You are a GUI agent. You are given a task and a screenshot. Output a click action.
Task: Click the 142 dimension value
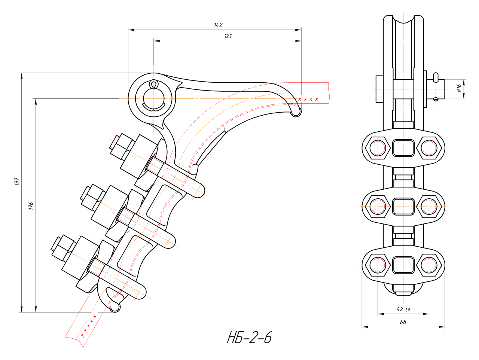pyautogui.click(x=218, y=25)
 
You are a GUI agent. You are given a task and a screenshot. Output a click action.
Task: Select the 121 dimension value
pyautogui.click(x=228, y=36)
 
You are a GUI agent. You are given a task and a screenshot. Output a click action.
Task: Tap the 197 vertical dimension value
pyautogui.click(x=16, y=182)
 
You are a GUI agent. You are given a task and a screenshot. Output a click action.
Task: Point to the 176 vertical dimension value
pyautogui.click(x=31, y=205)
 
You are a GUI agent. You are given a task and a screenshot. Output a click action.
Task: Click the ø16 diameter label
pyautogui.click(x=459, y=88)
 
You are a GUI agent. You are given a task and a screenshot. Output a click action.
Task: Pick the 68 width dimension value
pyautogui.click(x=403, y=322)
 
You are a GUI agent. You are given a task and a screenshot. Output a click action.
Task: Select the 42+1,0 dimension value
pyautogui.click(x=403, y=309)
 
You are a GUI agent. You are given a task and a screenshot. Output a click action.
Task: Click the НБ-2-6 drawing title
pyautogui.click(x=249, y=338)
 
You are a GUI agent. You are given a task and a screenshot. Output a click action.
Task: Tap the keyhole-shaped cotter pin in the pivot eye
pyautogui.click(x=153, y=85)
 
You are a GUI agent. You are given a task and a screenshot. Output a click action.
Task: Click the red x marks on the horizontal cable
pyautogui.click(x=308, y=99)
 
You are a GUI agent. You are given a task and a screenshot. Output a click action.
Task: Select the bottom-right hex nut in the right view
pyautogui.click(x=429, y=265)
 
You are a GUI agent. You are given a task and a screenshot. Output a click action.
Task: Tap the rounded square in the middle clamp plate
pyautogui.click(x=403, y=206)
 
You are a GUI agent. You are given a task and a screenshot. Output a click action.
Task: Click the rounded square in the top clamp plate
pyautogui.click(x=403, y=147)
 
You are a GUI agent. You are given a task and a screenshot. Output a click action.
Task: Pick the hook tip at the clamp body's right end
pyautogui.click(x=296, y=112)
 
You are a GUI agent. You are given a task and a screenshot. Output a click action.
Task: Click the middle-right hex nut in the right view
pyautogui.click(x=429, y=206)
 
